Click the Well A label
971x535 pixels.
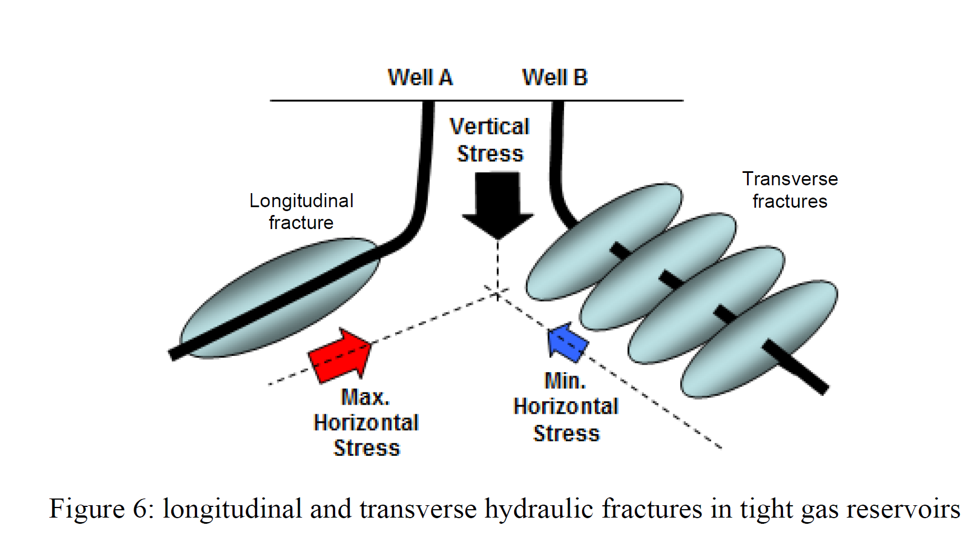tap(420, 77)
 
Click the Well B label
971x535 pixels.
tap(555, 77)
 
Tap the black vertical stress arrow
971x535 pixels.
tap(497, 205)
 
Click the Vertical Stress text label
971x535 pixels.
tap(490, 140)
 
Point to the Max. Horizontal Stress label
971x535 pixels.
tap(366, 423)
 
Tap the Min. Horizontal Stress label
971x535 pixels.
tap(566, 407)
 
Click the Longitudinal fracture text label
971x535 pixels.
tap(301, 212)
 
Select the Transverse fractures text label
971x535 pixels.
tap(790, 190)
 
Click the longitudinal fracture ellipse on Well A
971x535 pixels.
tap(279, 298)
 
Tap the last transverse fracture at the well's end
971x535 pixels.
tap(759, 339)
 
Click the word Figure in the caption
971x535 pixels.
tap(87, 509)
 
